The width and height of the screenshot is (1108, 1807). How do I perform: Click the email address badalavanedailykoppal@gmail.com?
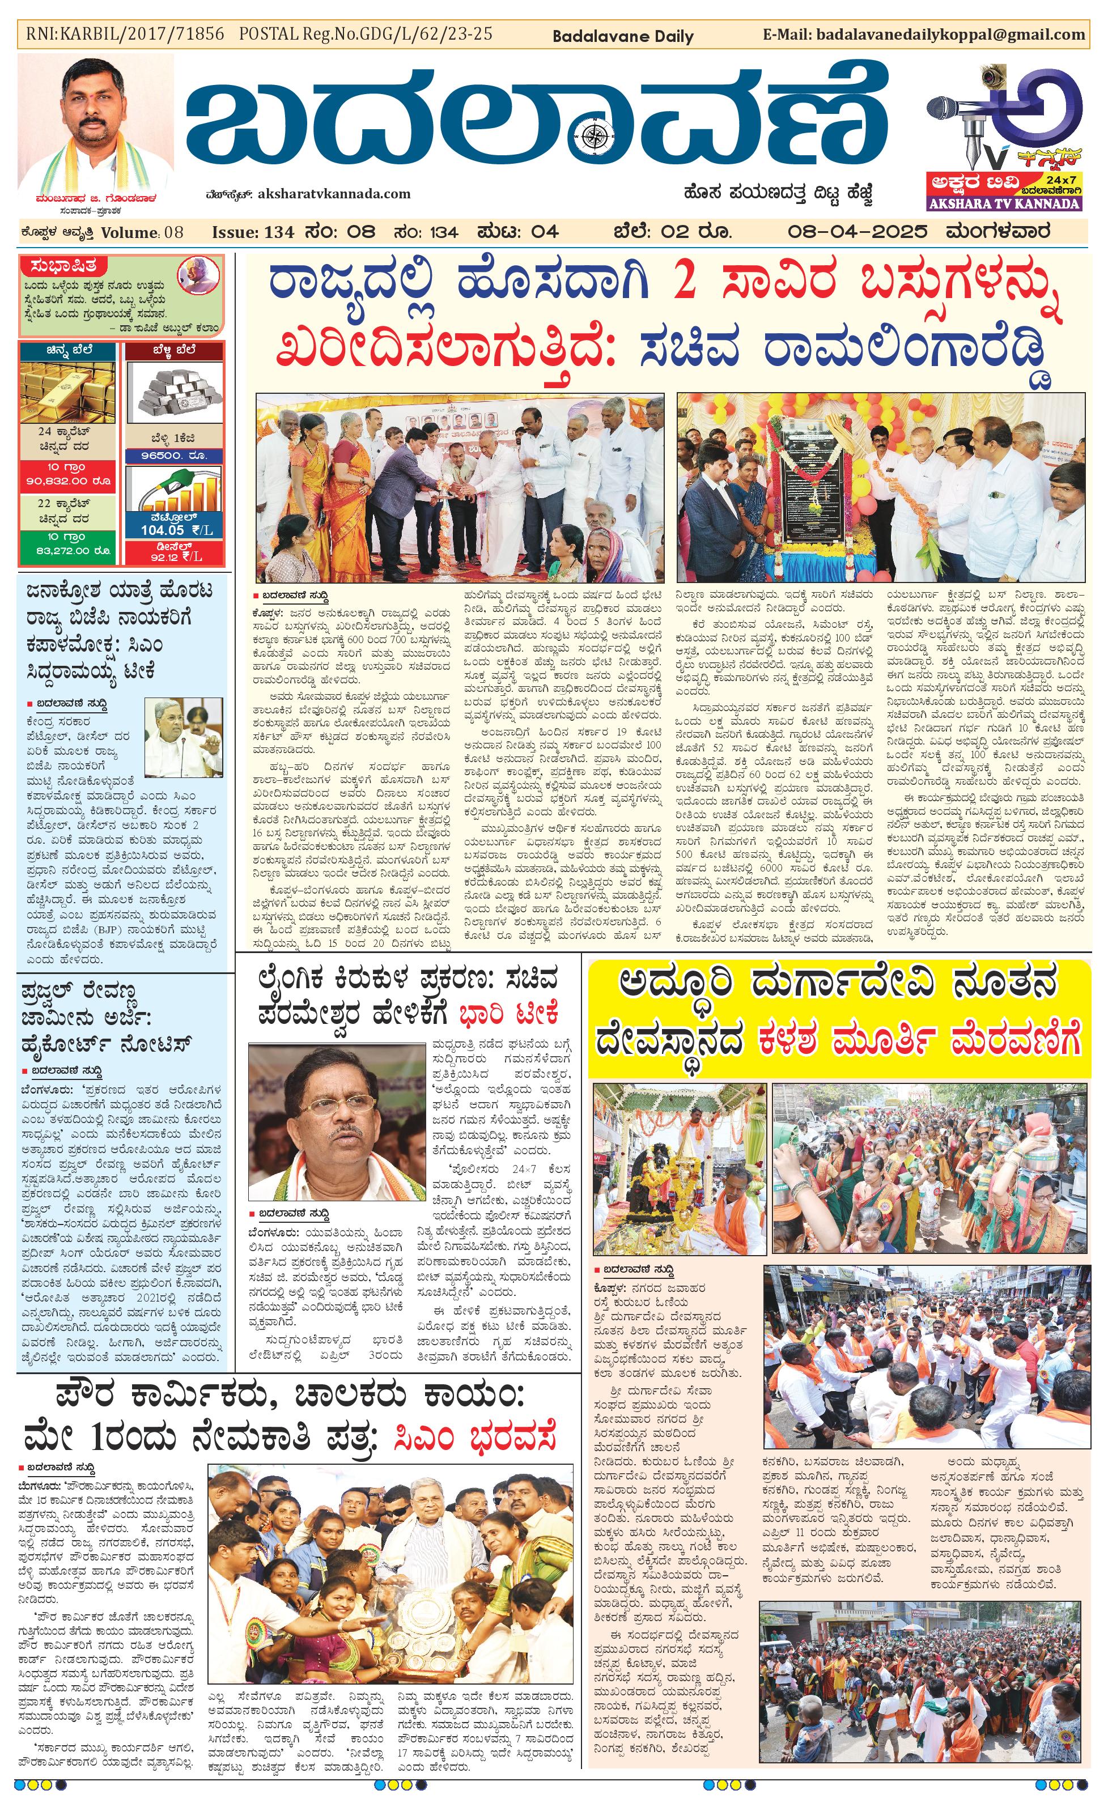[x=950, y=35]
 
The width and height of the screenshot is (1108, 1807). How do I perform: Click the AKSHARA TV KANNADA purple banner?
[x=1004, y=203]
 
